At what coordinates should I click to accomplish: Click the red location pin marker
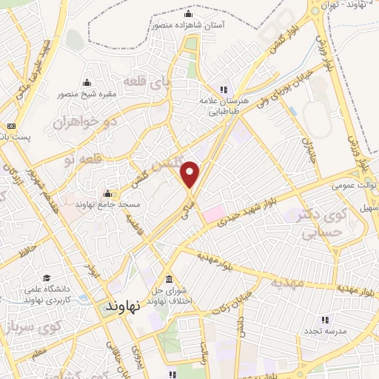[190, 174]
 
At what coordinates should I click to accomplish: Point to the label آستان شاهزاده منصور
[189, 24]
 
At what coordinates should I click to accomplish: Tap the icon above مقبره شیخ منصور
[87, 82]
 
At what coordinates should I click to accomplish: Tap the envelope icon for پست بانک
[10, 125]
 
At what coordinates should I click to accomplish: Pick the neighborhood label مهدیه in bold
[288, 282]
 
